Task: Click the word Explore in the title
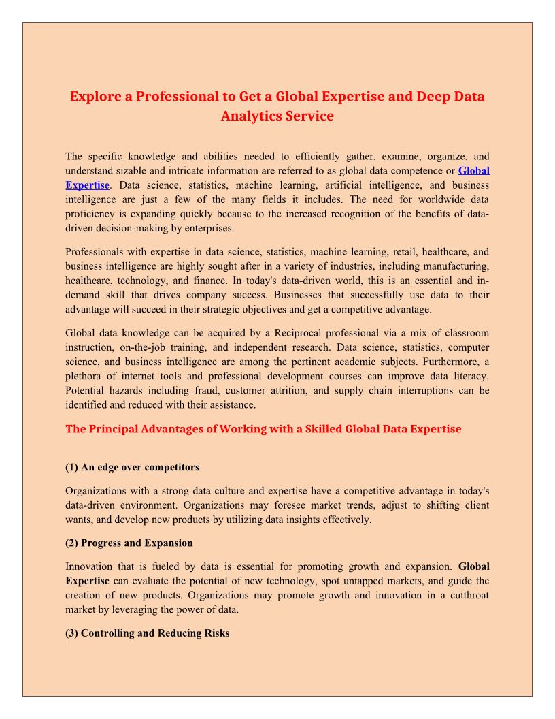tap(94, 96)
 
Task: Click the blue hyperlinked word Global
tap(473, 171)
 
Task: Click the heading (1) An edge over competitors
tap(132, 467)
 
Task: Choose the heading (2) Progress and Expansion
tap(129, 543)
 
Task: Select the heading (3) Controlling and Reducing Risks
tap(148, 633)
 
